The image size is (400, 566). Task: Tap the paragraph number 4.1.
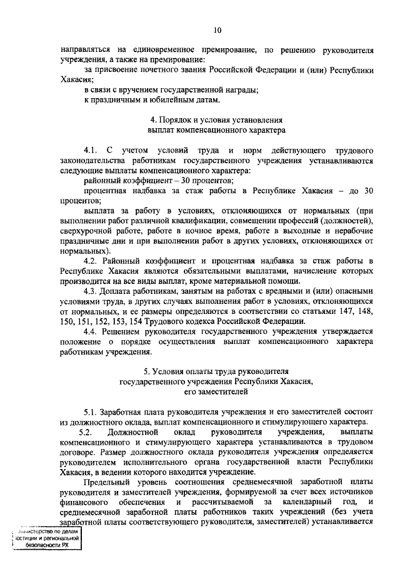(x=91, y=151)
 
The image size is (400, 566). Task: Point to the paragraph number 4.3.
(x=91, y=291)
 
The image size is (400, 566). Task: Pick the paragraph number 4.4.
(x=91, y=331)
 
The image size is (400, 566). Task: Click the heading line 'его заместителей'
(x=216, y=392)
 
